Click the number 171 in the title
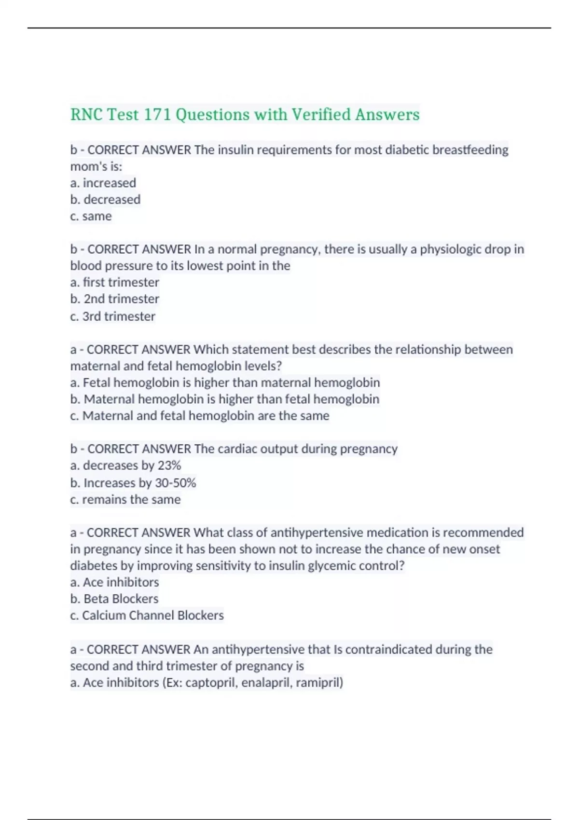pos(157,115)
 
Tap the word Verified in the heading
pos(321,115)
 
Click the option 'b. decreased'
pos(105,200)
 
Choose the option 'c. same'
pos(91,216)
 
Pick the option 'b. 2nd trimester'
pos(114,299)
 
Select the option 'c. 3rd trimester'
pos(112,316)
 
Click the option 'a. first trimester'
pos(114,282)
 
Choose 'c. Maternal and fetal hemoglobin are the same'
pos(200,416)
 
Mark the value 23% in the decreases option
pos(169,465)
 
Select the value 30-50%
pos(175,483)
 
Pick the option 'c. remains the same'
pos(125,500)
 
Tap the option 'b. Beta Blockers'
pos(114,599)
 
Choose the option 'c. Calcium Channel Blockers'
pos(147,615)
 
